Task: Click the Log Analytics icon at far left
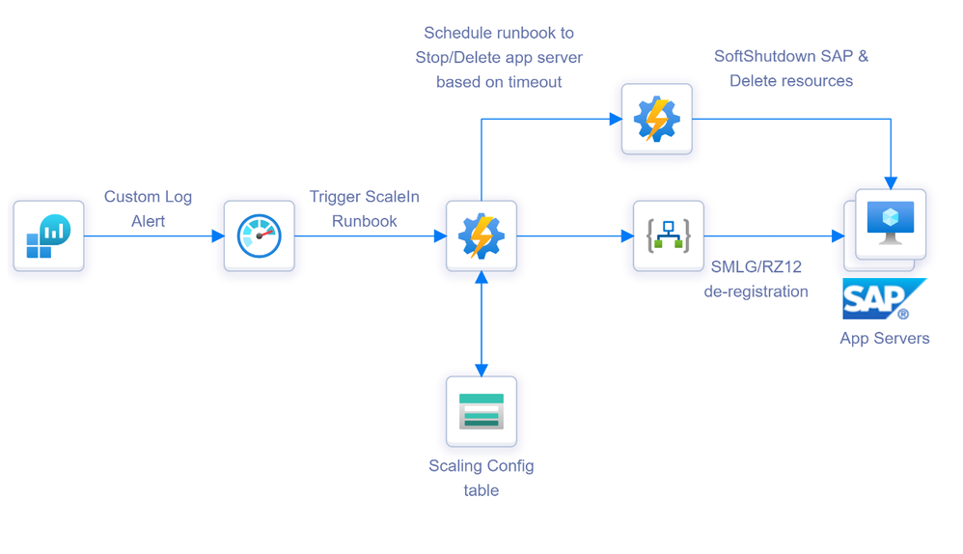tap(48, 235)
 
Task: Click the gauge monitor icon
tap(259, 235)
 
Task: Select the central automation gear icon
tap(481, 235)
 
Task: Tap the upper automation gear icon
tap(656, 119)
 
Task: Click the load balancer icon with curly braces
tap(668, 235)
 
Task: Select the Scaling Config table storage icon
tap(481, 410)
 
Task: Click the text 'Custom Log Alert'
tap(148, 208)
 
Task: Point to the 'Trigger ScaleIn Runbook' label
tap(365, 208)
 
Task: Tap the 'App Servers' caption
tap(884, 338)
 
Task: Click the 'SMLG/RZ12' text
tap(756, 266)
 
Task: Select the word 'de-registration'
tap(756, 291)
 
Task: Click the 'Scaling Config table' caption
tap(481, 478)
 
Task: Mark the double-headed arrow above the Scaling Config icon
tap(481, 323)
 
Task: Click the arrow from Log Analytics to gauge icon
tap(154, 235)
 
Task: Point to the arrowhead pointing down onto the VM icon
tap(890, 181)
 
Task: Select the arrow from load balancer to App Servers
tap(772, 235)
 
